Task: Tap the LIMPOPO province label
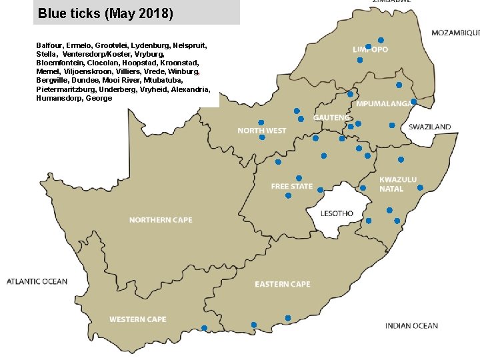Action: pos(370,50)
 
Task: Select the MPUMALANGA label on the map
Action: pos(383,104)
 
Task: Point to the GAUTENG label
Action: pos(331,117)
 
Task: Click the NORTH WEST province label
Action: pos(261,131)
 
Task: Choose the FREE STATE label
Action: pos(291,187)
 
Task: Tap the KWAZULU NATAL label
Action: pos(398,184)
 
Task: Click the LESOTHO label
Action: pos(337,214)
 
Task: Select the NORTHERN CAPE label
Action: pos(161,220)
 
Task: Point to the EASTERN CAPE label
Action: pos(282,285)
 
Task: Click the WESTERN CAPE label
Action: pos(138,319)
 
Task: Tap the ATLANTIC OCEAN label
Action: pos(37,281)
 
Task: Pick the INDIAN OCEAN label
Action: pos(411,326)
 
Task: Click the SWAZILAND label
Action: pos(429,127)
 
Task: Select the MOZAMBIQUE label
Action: pos(455,33)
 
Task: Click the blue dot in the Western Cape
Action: pos(204,328)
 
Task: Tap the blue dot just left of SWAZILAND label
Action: pos(392,125)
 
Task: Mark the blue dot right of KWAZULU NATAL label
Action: pos(420,188)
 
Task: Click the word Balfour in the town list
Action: pos(49,45)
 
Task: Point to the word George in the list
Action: pos(99,98)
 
